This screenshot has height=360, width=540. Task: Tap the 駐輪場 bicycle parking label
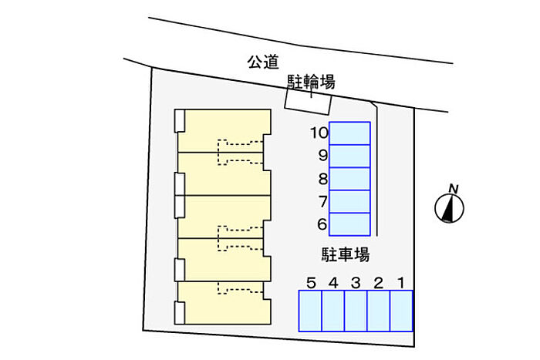(x=311, y=82)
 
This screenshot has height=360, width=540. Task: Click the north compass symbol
(x=448, y=208)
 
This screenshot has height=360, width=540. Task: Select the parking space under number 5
(x=310, y=311)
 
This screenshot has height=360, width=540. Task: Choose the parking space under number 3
(x=356, y=311)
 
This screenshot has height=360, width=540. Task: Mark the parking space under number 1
(x=401, y=311)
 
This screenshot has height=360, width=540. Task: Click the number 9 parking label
(x=322, y=156)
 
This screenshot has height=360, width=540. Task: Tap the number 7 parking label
(x=322, y=202)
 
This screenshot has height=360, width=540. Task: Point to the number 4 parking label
(x=333, y=283)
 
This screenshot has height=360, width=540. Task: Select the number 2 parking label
(x=378, y=283)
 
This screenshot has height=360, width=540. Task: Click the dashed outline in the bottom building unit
(x=240, y=288)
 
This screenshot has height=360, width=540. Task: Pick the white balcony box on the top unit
(x=180, y=121)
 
